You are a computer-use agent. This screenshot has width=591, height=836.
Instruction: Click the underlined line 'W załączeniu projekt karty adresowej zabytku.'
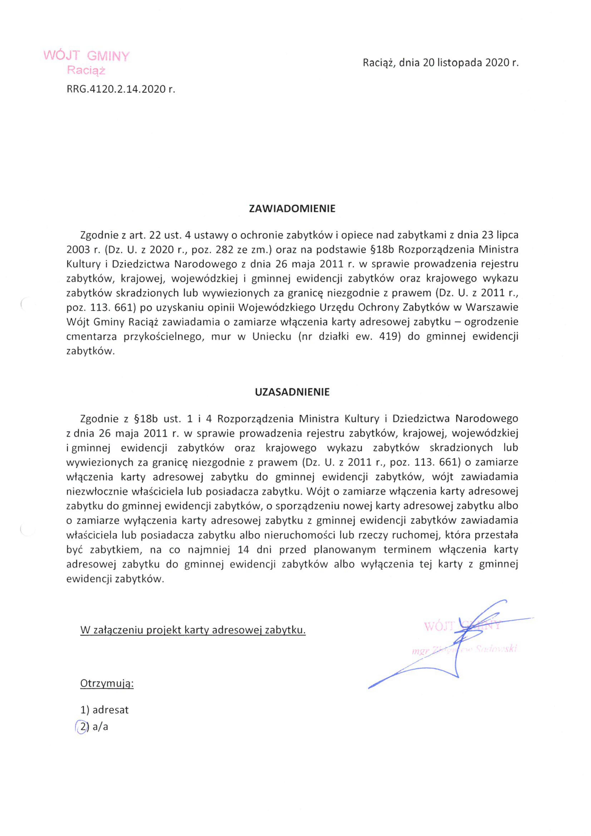[193, 630]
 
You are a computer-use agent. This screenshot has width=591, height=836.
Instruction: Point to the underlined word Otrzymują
[107, 684]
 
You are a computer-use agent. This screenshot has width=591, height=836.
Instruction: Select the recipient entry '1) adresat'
[104, 710]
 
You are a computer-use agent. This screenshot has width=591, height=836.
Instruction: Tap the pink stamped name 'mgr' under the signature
[419, 651]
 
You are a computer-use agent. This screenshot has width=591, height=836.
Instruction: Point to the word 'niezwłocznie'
[95, 491]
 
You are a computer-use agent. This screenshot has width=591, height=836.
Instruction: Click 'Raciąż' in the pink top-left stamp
[86, 70]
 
